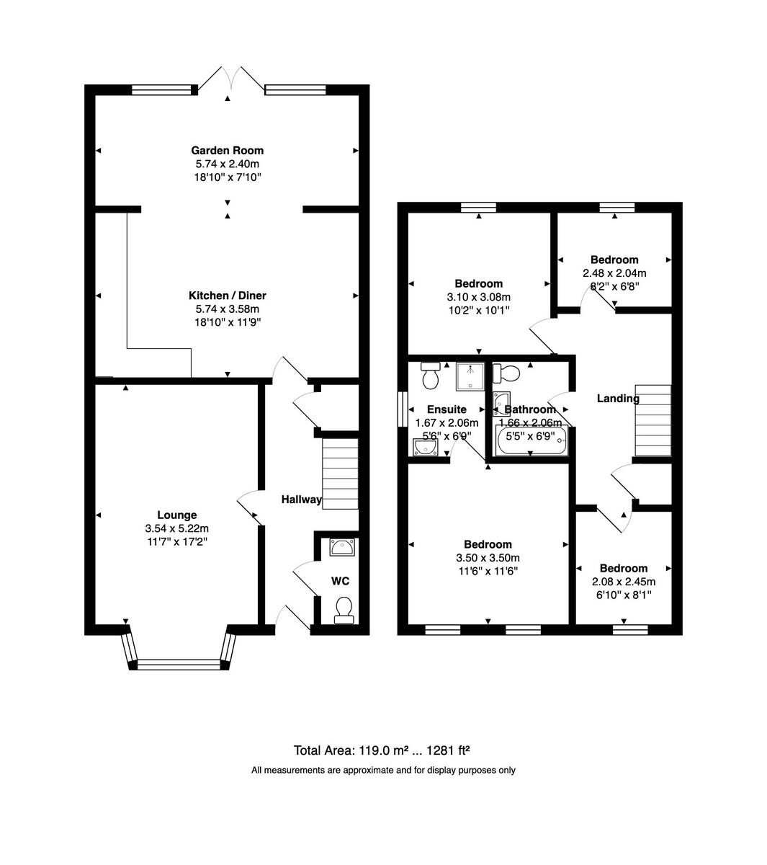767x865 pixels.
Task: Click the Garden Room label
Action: pyautogui.click(x=227, y=151)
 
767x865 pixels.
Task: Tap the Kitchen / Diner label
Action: pyautogui.click(x=227, y=296)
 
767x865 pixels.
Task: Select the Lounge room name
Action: pyautogui.click(x=177, y=515)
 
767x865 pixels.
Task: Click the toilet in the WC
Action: pyautogui.click(x=344, y=610)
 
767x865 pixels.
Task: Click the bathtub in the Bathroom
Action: pyautogui.click(x=531, y=440)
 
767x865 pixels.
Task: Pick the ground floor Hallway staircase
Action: pyautogui.click(x=340, y=474)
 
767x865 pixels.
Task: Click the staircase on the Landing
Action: pyautogui.click(x=652, y=421)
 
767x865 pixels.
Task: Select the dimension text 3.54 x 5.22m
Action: pyautogui.click(x=177, y=528)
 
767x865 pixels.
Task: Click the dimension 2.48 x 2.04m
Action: pyautogui.click(x=614, y=273)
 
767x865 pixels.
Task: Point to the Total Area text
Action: pyautogui.click(x=382, y=750)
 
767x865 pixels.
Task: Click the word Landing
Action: pyautogui.click(x=618, y=399)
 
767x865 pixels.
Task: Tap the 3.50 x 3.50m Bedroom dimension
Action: pyautogui.click(x=488, y=558)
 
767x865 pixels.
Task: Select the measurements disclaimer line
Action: pyautogui.click(x=383, y=770)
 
